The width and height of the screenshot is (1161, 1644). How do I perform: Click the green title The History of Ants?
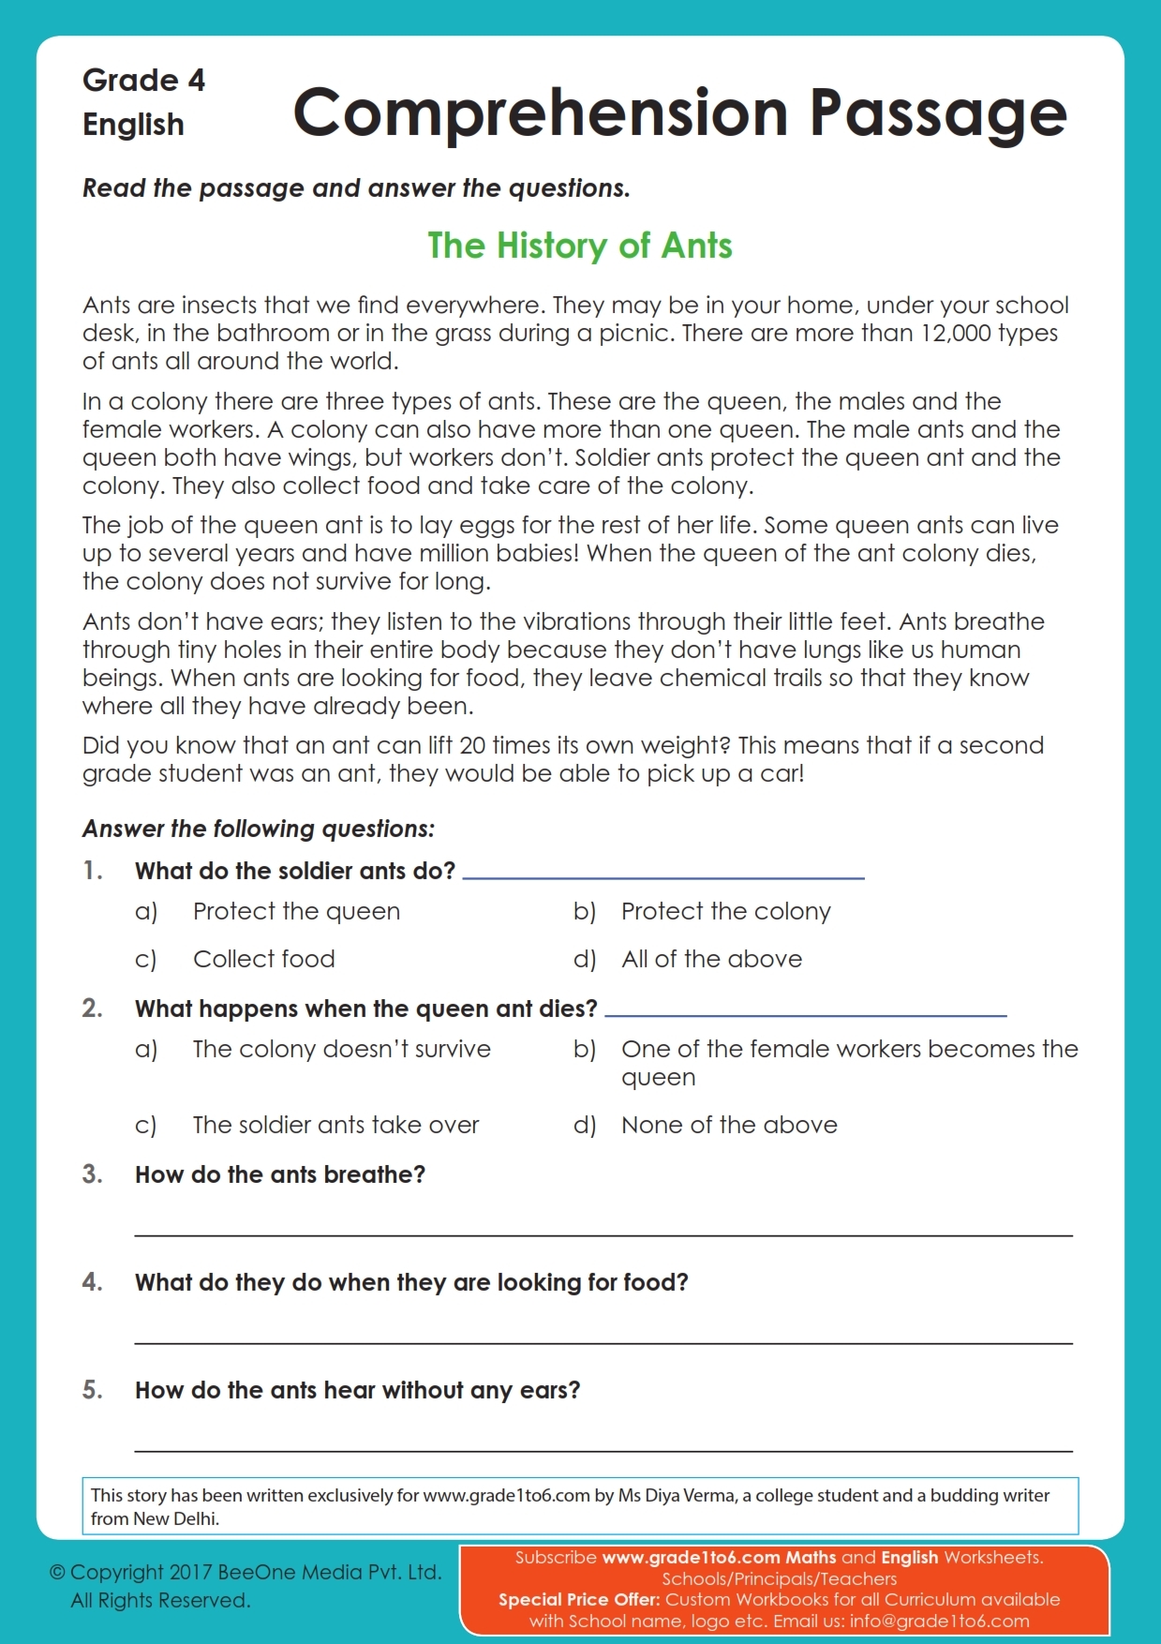(579, 246)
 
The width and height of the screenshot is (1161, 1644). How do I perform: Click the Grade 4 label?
(143, 81)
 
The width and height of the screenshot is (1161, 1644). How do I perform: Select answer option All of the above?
(711, 959)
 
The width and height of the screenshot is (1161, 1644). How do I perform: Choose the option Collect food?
(263, 959)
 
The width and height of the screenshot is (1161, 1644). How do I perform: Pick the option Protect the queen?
(296, 911)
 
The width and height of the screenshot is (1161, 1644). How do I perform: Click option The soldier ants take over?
(335, 1125)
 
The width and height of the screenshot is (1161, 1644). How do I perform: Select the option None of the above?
(729, 1125)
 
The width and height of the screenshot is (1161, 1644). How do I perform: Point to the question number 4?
(92, 1281)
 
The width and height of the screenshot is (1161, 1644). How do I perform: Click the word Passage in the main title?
(938, 113)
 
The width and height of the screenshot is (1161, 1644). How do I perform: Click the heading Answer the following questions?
(259, 829)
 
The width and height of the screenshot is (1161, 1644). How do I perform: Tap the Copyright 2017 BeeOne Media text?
(246, 1572)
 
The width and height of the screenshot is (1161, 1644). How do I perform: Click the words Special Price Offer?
(578, 1599)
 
